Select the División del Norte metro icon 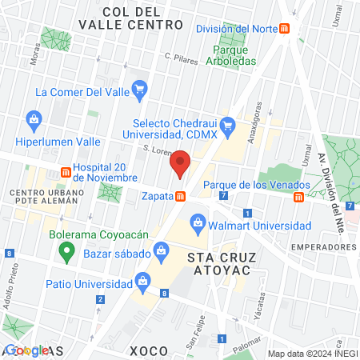285,29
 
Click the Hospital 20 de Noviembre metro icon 66,173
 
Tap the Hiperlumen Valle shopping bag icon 34,122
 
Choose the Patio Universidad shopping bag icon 142,280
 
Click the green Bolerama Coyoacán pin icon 68,254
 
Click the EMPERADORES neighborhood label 323,247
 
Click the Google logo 26,350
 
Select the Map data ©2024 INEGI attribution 312,354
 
